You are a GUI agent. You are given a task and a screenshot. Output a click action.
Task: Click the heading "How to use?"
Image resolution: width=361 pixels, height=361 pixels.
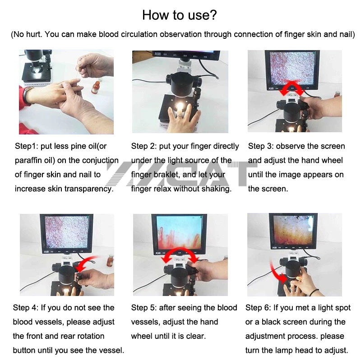click(x=179, y=15)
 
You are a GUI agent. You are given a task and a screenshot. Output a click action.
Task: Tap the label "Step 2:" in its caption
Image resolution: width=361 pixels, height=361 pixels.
click(x=144, y=146)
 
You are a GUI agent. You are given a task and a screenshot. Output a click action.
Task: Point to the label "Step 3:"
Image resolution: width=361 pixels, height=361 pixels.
click(x=261, y=146)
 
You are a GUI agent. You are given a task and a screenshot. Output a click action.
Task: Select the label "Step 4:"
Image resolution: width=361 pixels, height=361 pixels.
click(x=26, y=308)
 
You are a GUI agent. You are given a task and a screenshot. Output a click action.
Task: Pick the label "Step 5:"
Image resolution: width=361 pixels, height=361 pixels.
click(x=144, y=308)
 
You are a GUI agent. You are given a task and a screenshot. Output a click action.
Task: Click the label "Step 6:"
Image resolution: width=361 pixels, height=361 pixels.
click(x=258, y=308)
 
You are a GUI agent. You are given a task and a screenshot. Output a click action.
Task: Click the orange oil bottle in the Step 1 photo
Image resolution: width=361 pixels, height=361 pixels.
click(x=96, y=88)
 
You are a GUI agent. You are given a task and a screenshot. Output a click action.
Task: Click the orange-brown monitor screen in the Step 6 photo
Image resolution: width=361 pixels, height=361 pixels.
click(x=293, y=230)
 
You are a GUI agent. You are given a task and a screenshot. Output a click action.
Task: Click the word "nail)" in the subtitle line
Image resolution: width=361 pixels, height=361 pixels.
click(x=347, y=34)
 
